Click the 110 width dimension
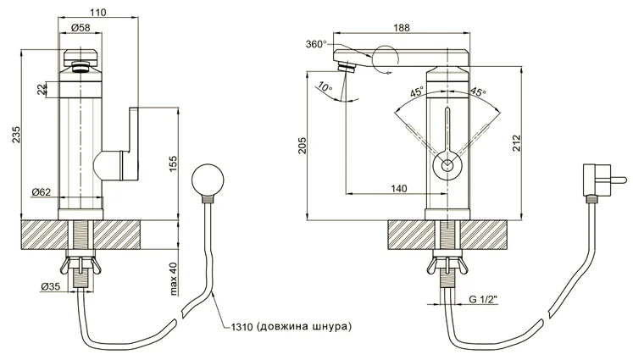click(x=98, y=13)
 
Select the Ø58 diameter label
click(x=81, y=27)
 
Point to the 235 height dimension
click(x=16, y=135)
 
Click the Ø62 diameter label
click(x=42, y=192)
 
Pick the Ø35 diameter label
click(x=51, y=286)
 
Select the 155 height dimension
click(x=173, y=163)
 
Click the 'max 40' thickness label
click(x=174, y=280)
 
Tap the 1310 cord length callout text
click(x=291, y=326)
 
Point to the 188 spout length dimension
click(x=402, y=27)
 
